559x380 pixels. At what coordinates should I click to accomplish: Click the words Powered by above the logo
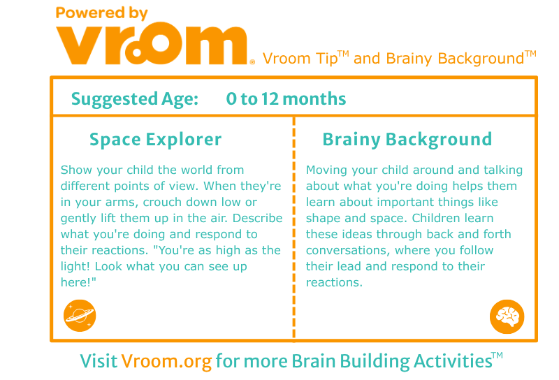[101, 13]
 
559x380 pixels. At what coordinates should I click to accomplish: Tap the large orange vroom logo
[152, 43]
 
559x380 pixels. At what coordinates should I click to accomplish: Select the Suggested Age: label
[135, 99]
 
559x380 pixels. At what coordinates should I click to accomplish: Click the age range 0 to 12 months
[286, 98]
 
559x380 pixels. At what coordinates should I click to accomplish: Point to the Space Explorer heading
[155, 140]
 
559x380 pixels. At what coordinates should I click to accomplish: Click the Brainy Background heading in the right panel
[407, 140]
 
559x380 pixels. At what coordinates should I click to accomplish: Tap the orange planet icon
[80, 316]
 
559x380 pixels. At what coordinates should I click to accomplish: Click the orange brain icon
[507, 316]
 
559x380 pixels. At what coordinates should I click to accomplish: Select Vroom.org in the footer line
[166, 361]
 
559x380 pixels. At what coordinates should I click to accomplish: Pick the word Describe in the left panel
[257, 218]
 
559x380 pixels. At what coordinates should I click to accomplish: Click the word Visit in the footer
[99, 360]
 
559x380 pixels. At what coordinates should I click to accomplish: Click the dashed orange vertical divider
[293, 228]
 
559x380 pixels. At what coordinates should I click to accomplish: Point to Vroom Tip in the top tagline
[300, 59]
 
